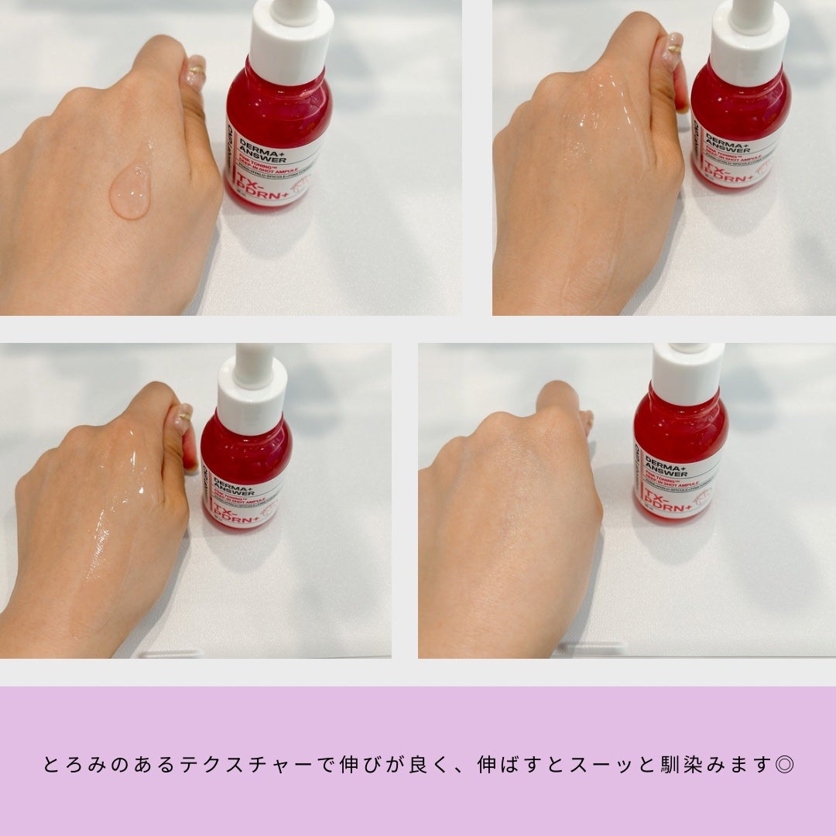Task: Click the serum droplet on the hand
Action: (x=129, y=191)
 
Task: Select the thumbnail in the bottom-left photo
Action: (x=183, y=418)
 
